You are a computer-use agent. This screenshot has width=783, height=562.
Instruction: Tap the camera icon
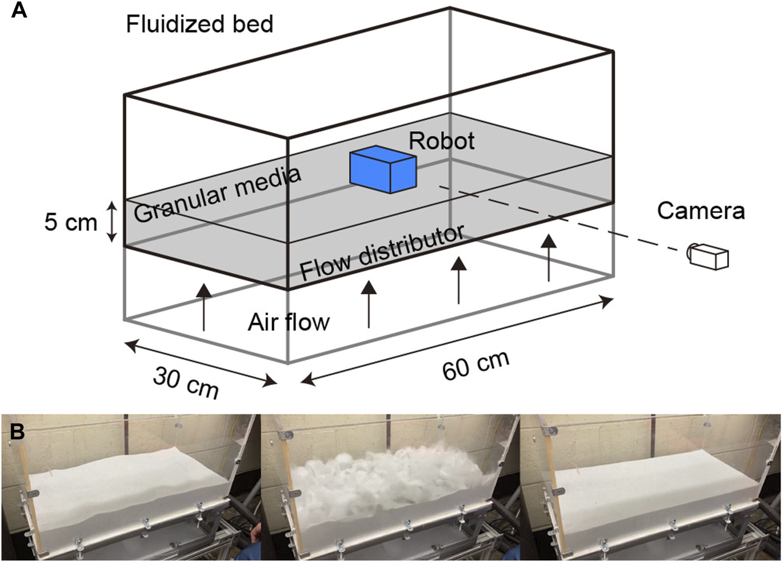coord(709,256)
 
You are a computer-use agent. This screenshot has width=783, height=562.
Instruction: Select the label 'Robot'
coord(442,141)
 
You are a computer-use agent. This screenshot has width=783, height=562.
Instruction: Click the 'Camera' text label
coord(701,211)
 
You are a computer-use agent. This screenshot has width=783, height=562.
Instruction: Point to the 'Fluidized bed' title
coord(200,24)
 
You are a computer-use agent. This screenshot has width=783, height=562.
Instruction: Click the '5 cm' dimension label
coord(70,222)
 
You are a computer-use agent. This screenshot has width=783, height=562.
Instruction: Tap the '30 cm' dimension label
coord(186,382)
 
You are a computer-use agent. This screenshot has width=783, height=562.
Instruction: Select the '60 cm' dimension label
coord(475,365)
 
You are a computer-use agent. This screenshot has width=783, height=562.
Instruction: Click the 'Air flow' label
coord(288,322)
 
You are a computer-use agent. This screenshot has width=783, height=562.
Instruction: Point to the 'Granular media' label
coord(216,195)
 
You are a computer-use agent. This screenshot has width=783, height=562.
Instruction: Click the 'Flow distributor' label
coord(381,253)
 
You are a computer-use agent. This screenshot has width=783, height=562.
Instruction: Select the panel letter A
coord(19,10)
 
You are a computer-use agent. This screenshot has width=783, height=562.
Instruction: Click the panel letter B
coord(18,431)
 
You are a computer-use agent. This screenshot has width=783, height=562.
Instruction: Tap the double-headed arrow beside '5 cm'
coord(111,222)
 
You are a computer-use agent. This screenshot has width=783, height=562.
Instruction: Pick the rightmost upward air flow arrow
coord(548,257)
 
